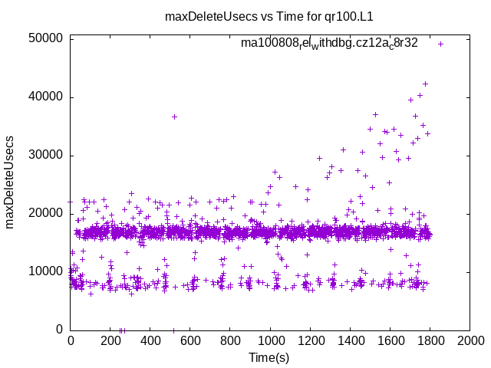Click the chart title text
point(269,16)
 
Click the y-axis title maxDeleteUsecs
point(11,182)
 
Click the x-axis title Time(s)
point(269,357)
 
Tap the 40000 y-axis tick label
point(48,97)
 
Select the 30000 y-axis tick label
point(48,155)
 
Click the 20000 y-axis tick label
point(48,213)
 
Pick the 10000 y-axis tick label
point(48,271)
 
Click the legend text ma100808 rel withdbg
point(329,43)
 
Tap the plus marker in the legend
point(441,44)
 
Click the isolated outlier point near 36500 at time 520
point(174,117)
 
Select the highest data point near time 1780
point(426,84)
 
